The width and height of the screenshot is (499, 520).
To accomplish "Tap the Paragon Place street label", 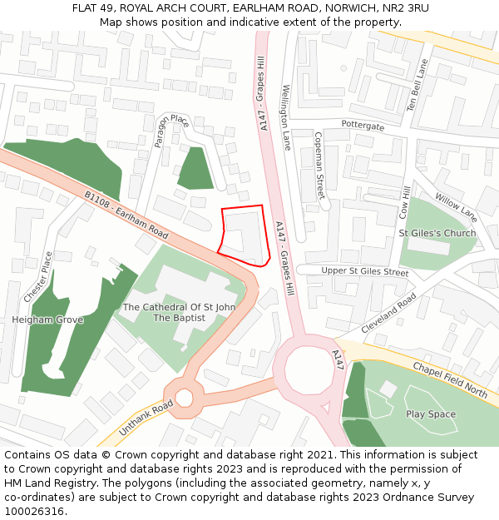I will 172,131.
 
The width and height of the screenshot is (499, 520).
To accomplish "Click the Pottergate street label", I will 363,126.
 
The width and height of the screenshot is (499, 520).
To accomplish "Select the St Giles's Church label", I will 437,233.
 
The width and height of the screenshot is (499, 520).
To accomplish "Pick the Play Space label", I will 431,414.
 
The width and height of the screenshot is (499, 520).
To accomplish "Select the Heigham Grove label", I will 47,319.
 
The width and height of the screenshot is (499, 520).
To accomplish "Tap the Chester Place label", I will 37,277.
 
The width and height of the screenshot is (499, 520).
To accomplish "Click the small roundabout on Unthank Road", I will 184,398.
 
